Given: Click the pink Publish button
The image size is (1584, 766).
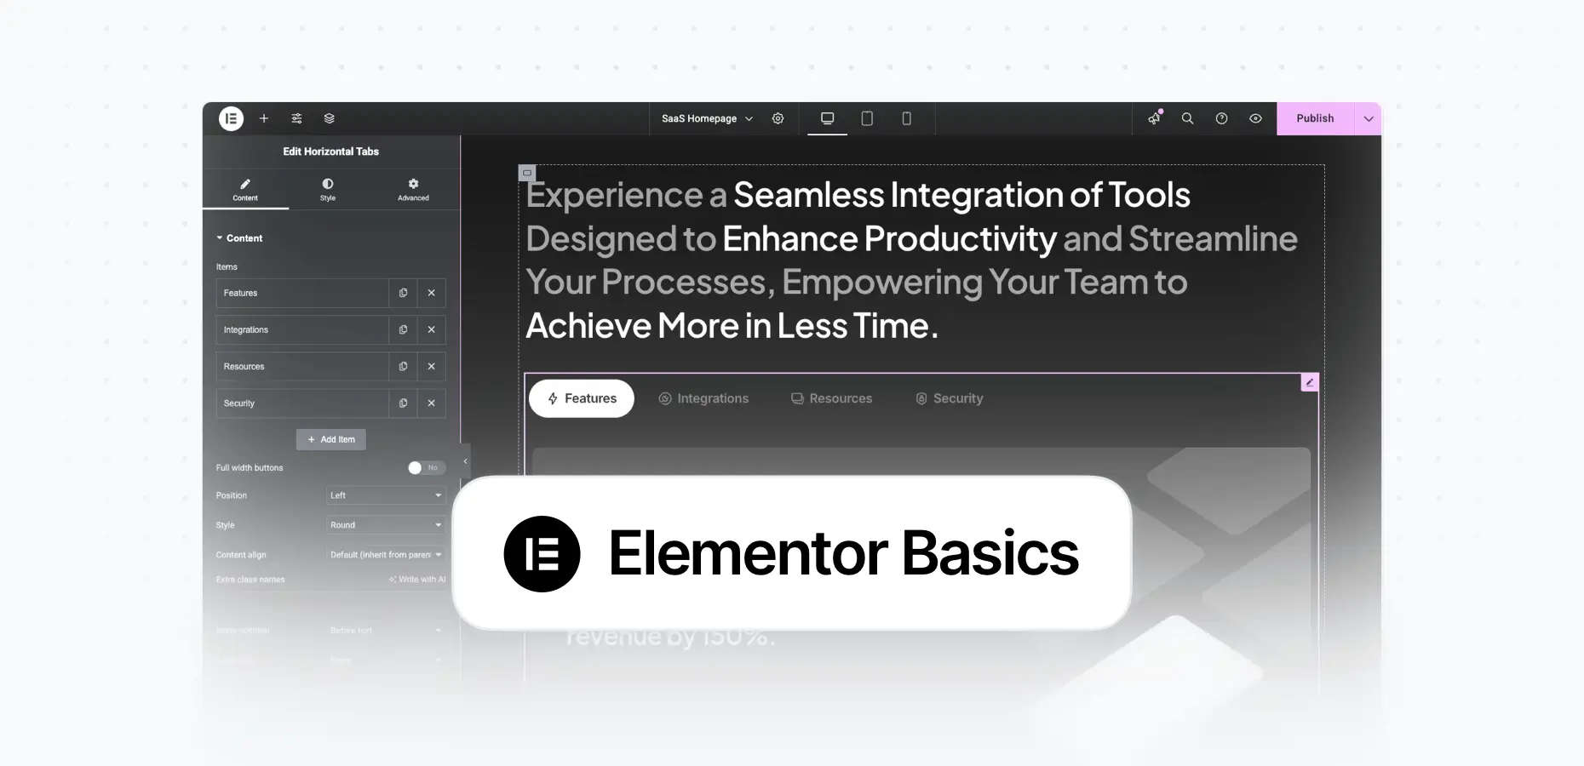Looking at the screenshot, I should coord(1315,118).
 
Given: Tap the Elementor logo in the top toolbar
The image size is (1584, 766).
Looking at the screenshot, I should coord(231,118).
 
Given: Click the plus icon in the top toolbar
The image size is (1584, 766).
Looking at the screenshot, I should coord(264,118).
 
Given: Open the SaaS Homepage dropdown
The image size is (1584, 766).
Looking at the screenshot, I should coord(707,118).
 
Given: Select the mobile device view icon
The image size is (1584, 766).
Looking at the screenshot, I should coord(906,118).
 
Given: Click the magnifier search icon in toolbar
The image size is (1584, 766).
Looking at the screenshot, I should coord(1187,118).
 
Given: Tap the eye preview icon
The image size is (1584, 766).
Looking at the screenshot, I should coord(1255,118).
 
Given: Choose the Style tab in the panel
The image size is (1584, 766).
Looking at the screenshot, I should coord(328,189).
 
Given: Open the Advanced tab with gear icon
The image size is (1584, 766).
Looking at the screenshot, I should coord(413,189).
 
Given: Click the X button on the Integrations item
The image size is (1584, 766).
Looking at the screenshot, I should coord(432,329).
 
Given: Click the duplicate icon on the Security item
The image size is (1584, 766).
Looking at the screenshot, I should coord(403,403).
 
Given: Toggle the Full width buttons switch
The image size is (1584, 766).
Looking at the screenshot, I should coord(426,467).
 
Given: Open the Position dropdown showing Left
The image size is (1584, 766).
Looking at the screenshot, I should coord(386,495).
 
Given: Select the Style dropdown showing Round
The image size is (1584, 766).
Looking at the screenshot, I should coord(386,525).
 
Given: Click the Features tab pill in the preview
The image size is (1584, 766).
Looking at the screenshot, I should coord(582,398).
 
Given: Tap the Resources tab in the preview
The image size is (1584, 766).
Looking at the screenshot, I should coord(831,398).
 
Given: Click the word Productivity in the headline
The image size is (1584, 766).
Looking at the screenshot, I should coord(960,239).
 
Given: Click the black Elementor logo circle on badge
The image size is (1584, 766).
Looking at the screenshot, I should coord(542,554).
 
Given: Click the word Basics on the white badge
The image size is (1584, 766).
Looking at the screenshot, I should coord(990,554).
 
